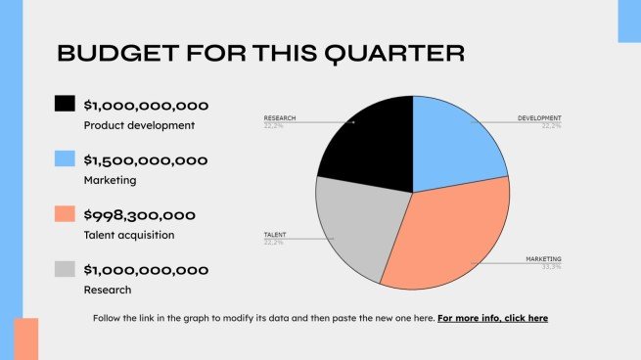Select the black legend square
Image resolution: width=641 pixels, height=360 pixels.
tap(65, 104)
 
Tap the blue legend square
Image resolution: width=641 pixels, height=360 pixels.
tap(65, 158)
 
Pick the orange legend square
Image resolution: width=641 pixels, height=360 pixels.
tap(65, 213)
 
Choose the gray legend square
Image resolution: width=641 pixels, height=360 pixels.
tap(65, 268)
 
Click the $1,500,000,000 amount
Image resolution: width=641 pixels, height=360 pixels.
tap(146, 160)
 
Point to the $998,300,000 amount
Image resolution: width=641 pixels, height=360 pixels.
tap(140, 215)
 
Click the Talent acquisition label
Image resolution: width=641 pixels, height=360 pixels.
tap(129, 235)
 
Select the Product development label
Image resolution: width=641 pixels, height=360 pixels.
tap(139, 125)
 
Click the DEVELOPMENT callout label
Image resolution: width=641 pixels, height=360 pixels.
tap(539, 118)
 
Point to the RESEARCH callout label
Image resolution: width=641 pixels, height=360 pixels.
tap(279, 118)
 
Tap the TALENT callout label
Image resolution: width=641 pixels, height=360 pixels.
tap(274, 236)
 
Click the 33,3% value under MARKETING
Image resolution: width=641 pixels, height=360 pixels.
tap(552, 266)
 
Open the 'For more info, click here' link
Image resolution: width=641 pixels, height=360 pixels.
tap(492, 318)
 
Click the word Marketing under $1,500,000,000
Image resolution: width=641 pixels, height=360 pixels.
tap(110, 180)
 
